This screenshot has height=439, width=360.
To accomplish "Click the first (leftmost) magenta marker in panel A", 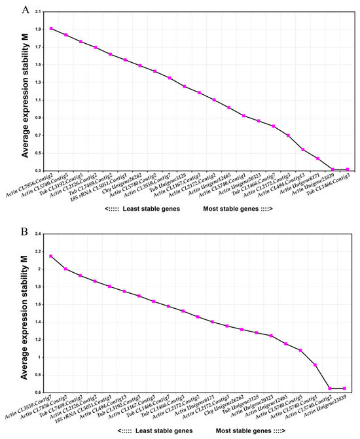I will (x=51, y=29).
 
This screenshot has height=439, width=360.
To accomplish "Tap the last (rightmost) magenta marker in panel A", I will (x=348, y=169).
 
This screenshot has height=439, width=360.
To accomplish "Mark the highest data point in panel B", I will (x=51, y=256).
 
